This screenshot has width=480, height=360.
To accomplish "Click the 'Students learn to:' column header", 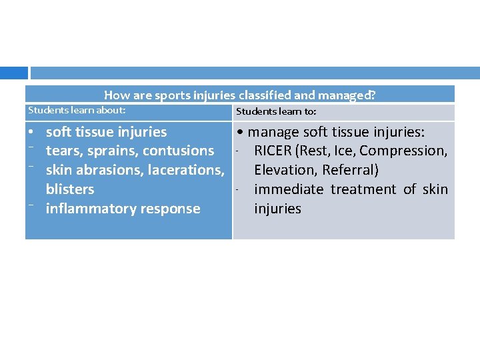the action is click(276, 112).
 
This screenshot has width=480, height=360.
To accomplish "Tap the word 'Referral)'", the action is click(350, 170).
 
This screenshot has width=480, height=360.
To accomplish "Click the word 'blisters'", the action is click(70, 189).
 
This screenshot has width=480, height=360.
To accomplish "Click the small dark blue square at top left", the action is click(13, 73).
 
